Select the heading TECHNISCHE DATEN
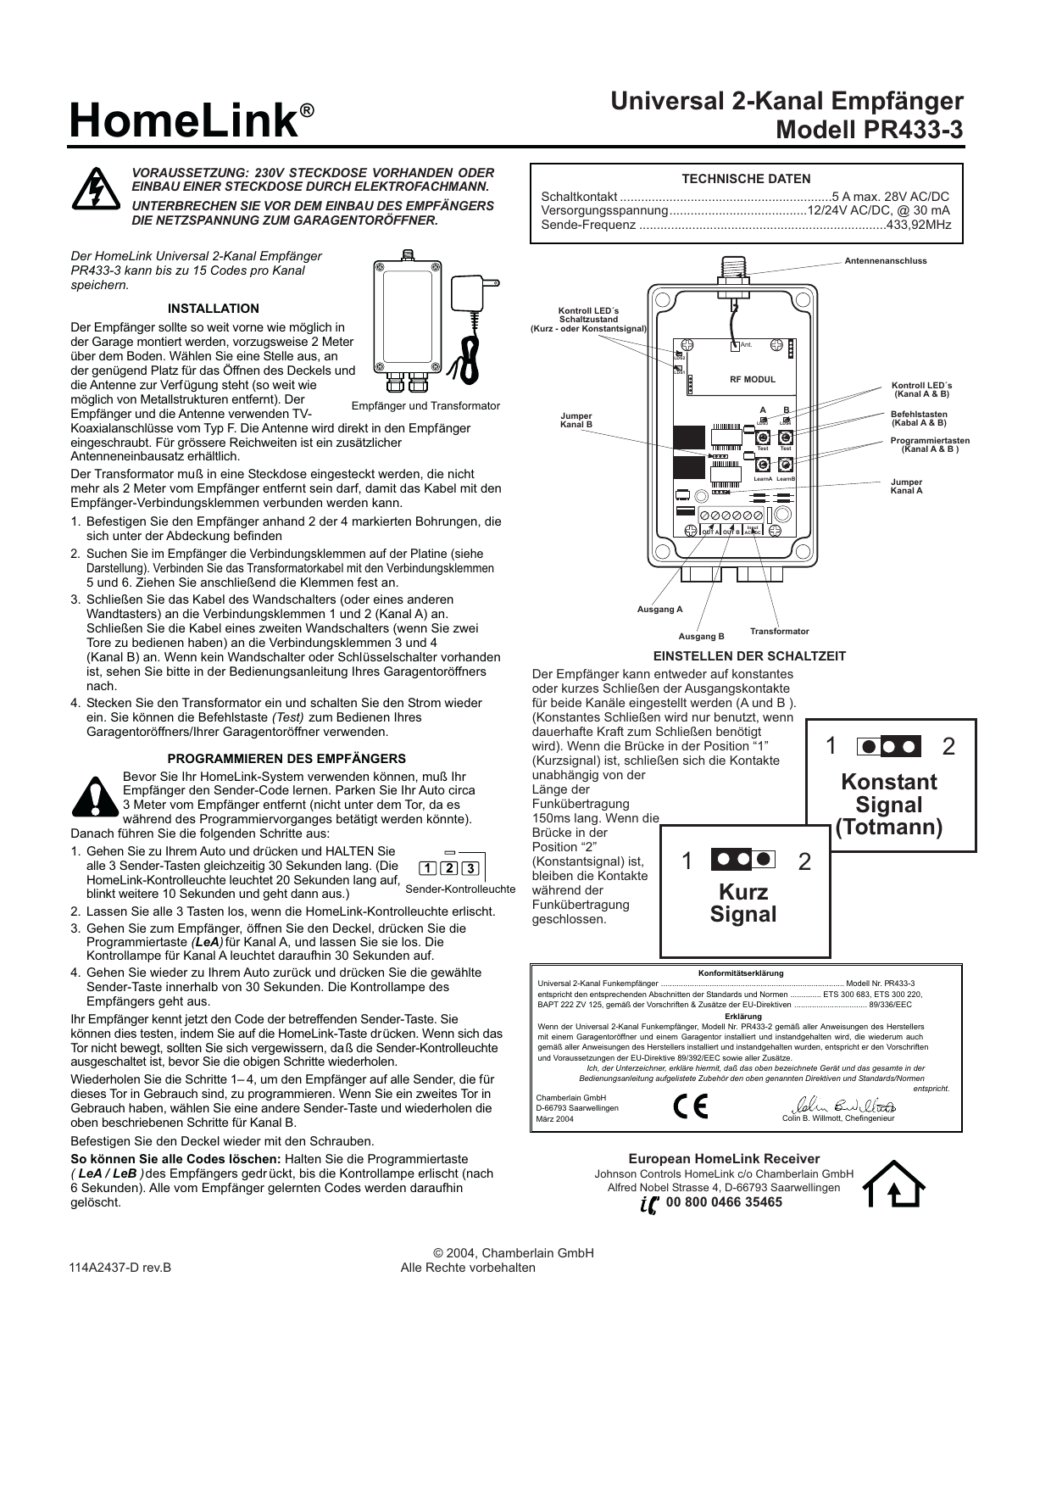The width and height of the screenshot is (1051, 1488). (746, 179)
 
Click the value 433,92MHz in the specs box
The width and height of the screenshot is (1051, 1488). (918, 226)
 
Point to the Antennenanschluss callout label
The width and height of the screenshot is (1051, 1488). (885, 261)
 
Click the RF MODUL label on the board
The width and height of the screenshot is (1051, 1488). (753, 380)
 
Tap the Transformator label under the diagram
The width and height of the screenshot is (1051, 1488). (779, 632)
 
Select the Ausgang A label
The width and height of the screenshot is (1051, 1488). (659, 610)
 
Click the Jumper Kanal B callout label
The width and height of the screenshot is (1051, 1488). (576, 421)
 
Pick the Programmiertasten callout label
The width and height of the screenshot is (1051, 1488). (930, 445)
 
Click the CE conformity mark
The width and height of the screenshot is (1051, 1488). (690, 1107)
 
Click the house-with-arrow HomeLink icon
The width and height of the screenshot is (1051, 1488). (893, 1184)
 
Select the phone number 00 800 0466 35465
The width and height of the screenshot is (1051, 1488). (724, 1202)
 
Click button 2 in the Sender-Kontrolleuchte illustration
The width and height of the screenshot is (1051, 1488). (449, 868)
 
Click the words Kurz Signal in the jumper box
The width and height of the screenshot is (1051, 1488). (742, 903)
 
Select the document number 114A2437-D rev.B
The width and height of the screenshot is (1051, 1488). (120, 1268)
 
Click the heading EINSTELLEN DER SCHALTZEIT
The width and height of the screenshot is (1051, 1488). (749, 656)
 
